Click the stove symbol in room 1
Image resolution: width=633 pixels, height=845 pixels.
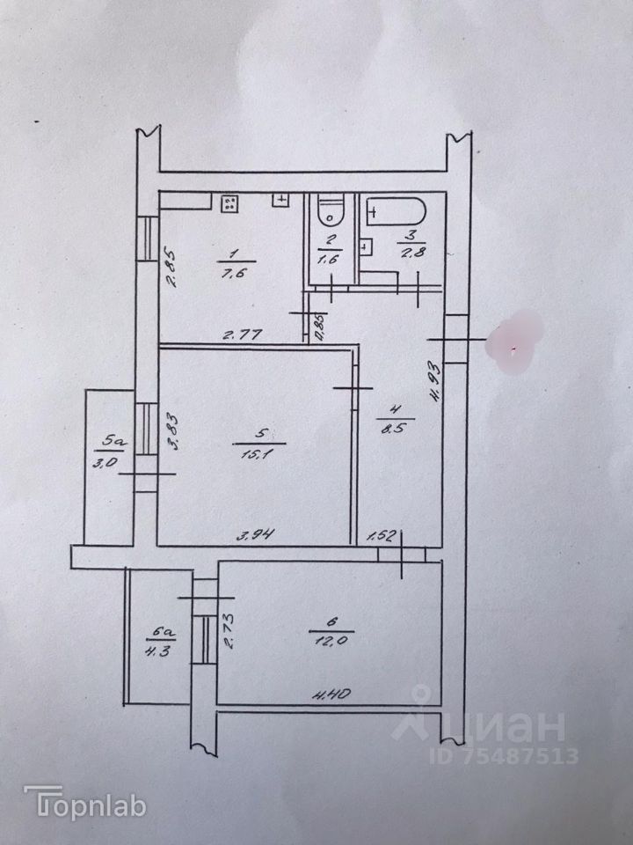[229, 203]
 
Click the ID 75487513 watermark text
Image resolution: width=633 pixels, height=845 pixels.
[504, 755]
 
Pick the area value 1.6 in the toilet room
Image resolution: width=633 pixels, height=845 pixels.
[329, 260]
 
